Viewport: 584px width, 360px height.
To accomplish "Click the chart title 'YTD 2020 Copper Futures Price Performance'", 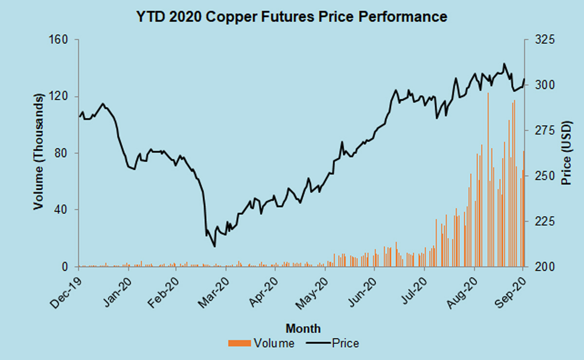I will click(291, 17).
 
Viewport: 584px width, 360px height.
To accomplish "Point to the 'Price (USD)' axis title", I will click(566, 152).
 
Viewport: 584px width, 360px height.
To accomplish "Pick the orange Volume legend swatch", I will click(240, 343).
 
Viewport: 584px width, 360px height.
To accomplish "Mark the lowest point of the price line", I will click(215, 247).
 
